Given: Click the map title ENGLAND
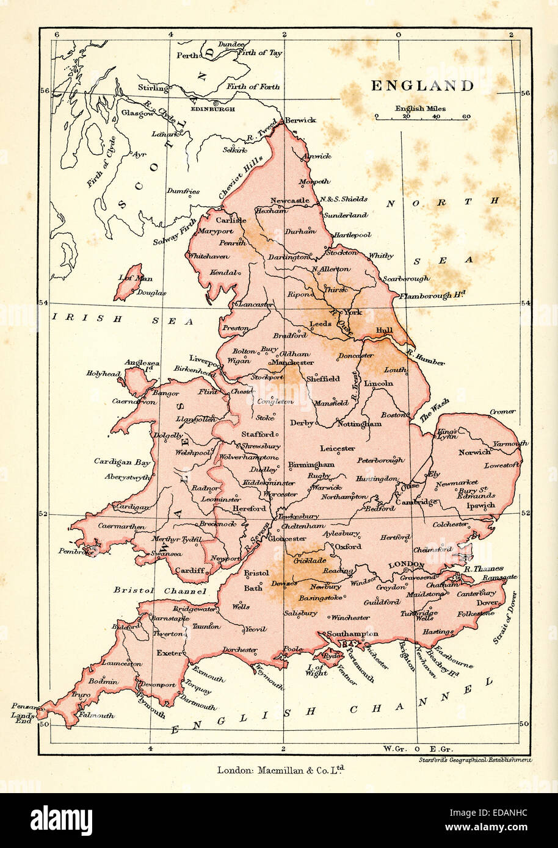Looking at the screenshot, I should [422, 86].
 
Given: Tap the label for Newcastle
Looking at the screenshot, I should [290, 200].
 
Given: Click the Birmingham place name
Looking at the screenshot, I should [311, 464].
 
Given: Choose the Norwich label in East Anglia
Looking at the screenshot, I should [475, 452].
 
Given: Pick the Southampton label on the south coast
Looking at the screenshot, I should [352, 634].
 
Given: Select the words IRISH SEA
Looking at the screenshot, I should [122, 319].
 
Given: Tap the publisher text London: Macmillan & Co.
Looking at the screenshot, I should [281, 770].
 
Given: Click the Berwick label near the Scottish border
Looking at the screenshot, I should [300, 120].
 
